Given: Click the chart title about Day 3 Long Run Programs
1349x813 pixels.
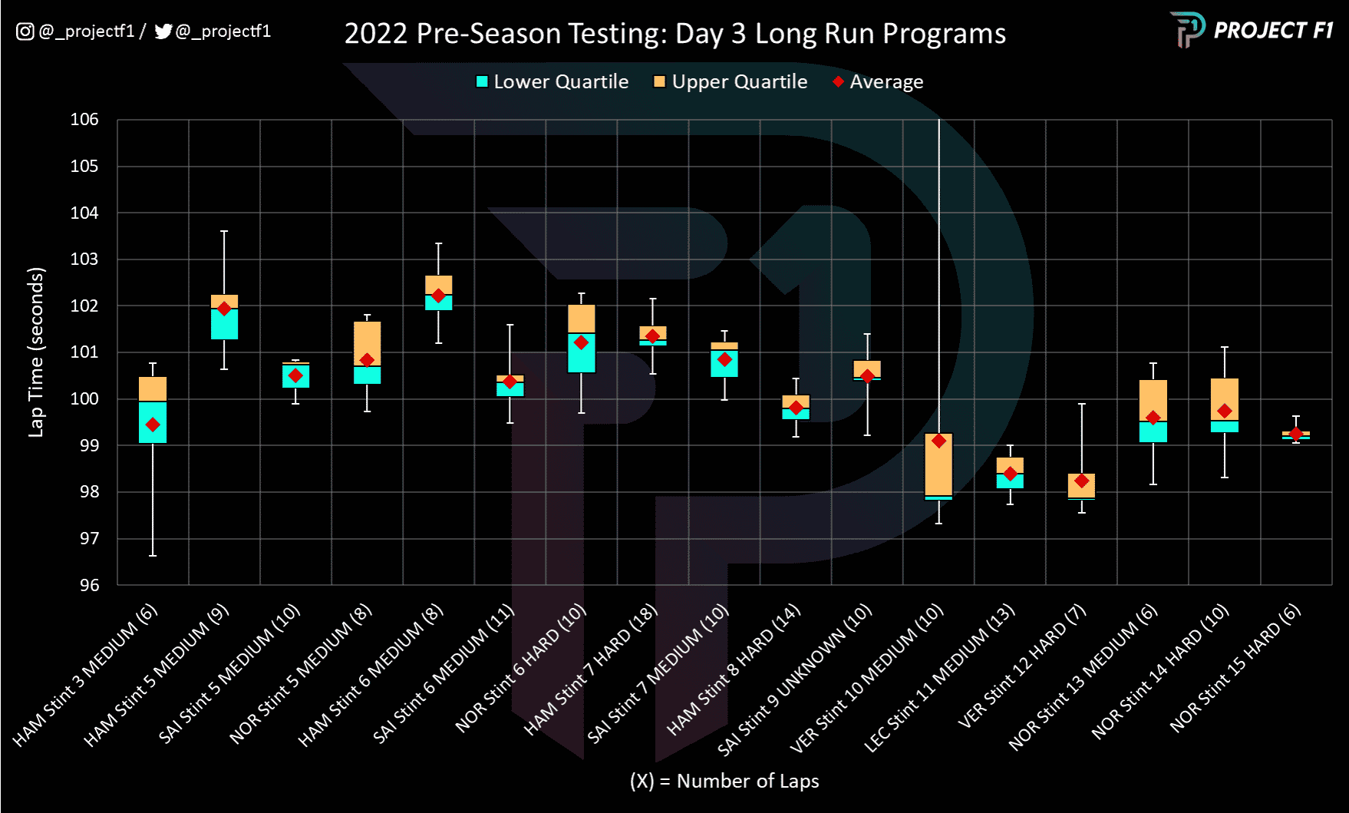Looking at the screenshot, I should tap(674, 34).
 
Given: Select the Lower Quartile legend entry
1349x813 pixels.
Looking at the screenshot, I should tap(552, 82).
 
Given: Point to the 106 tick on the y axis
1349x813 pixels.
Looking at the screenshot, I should tap(84, 120).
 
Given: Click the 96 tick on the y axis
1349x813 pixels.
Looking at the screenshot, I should tap(89, 585).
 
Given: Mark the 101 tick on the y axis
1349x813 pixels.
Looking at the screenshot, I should tap(84, 352).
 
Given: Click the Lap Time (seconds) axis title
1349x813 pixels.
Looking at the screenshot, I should tap(36, 352).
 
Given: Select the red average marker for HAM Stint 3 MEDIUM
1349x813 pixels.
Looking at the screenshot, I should tap(153, 425).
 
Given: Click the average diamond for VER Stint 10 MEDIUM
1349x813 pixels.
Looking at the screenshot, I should tap(938, 441).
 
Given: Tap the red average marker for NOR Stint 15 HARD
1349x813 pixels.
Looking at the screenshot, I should tap(1296, 434).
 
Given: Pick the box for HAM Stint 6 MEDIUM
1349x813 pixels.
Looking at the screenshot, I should tap(439, 292).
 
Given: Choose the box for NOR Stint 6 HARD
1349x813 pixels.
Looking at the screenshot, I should tap(582, 339).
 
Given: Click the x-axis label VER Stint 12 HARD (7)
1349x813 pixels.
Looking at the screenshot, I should tap(1022, 666).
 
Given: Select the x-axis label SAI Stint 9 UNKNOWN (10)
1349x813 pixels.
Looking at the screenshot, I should tap(795, 680).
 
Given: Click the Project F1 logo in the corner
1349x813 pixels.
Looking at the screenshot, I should tap(1251, 31).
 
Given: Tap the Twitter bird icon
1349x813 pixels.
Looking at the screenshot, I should tap(163, 31).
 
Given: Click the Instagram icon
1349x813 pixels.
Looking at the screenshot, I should tap(25, 31).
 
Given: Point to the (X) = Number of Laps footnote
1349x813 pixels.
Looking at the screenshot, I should tap(724, 781).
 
